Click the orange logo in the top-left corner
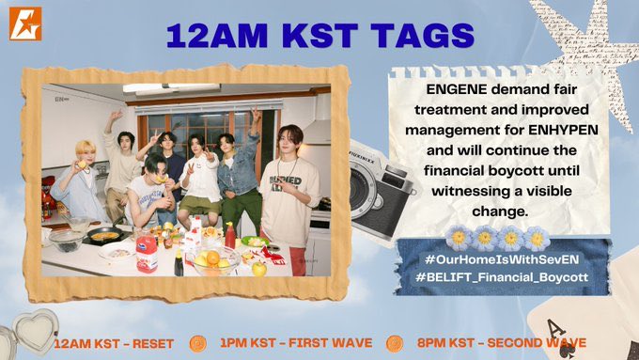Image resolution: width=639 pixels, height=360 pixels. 25,23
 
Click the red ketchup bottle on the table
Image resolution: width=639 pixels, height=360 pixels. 230,234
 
